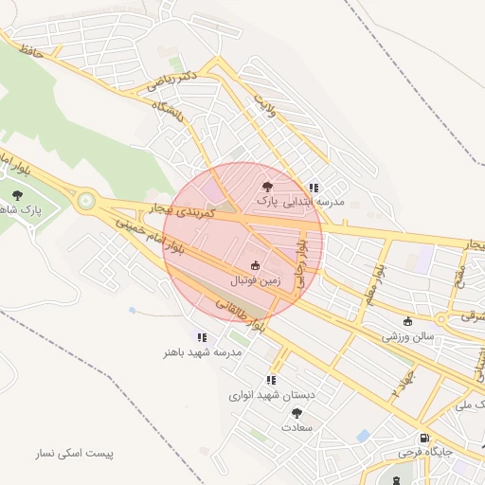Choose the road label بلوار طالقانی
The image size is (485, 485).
pyautogui.click(x=242, y=317)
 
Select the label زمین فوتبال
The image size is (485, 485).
pyautogui.click(x=255, y=281)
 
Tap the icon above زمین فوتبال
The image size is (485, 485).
pyautogui.click(x=255, y=265)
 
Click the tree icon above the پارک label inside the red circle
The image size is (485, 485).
pyautogui.click(x=268, y=187)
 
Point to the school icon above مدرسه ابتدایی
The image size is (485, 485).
pyautogui.click(x=314, y=188)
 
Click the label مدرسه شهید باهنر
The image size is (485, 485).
pyautogui.click(x=202, y=351)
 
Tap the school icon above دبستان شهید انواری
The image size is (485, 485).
pyautogui.click(x=272, y=380)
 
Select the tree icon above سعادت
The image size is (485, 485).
pyautogui.click(x=296, y=412)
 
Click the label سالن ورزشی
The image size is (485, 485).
pyautogui.click(x=408, y=335)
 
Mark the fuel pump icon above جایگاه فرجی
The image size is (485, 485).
pyautogui.click(x=423, y=438)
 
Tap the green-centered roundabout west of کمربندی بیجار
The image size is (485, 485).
pyautogui.click(x=87, y=200)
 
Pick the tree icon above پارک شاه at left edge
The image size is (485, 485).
pyautogui.click(x=16, y=194)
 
